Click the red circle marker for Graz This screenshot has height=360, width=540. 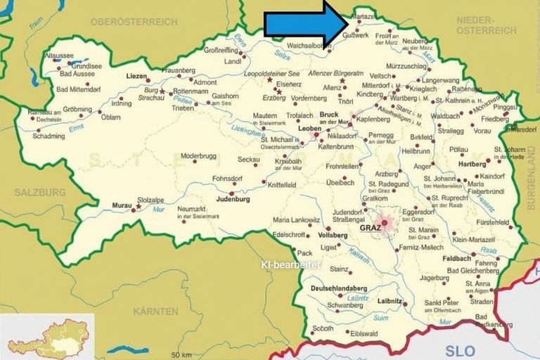[x=384, y=222]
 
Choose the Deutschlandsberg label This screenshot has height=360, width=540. [x=340, y=288]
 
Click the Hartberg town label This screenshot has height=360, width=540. [x=472, y=164]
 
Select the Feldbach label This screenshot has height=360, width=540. [x=456, y=259]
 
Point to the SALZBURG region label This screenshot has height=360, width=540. [x=41, y=192]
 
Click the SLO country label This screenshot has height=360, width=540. [x=460, y=349]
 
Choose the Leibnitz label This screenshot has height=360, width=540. [x=389, y=301]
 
